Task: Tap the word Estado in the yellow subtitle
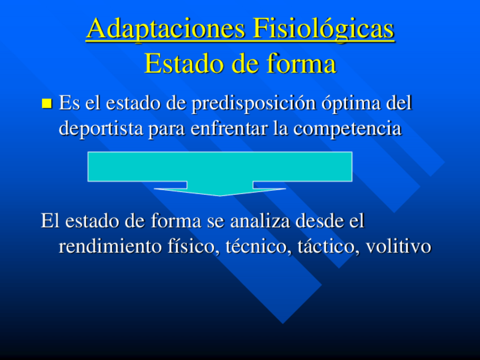coord(186,63)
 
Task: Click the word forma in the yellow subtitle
coord(301,63)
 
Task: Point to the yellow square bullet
coord(47,104)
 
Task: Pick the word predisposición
coord(254,104)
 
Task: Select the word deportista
coord(101,128)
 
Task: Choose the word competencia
coord(347,129)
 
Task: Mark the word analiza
coord(260,221)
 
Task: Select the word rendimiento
coord(110,246)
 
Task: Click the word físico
coord(194,246)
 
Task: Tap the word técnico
coord(258,246)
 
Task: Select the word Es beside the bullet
coord(69,102)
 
